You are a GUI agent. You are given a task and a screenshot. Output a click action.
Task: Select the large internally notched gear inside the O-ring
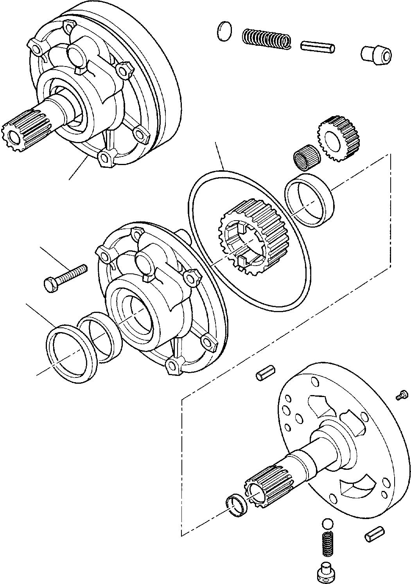coord(247,237)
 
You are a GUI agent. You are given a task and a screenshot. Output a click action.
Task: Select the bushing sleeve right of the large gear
coord(309,201)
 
